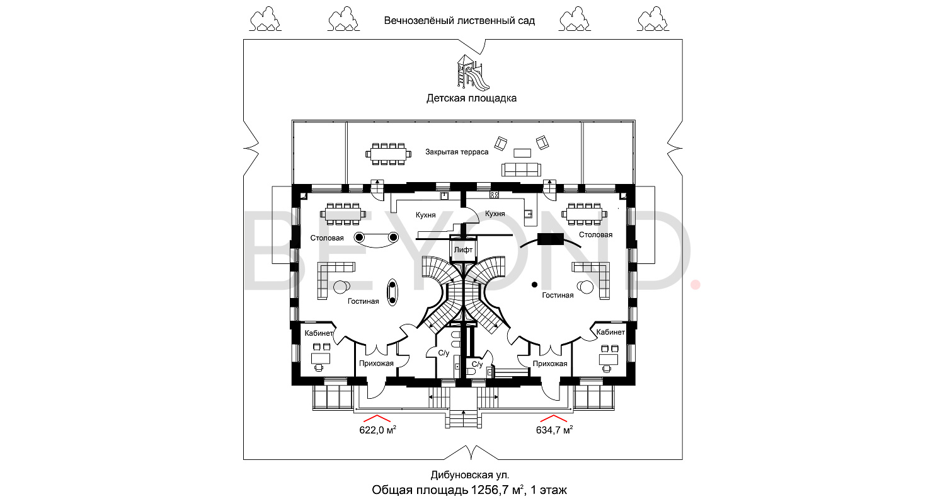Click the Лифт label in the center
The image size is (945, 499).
(463, 250)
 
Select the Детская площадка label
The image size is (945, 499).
(471, 98)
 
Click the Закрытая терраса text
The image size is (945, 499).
(457, 152)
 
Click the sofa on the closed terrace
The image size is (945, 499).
(521, 169)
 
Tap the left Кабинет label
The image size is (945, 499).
(319, 333)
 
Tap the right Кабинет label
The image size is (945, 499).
(610, 331)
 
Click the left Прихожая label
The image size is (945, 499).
(376, 364)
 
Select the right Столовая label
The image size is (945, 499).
(595, 234)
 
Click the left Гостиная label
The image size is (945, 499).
(363, 301)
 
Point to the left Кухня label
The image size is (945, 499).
(426, 215)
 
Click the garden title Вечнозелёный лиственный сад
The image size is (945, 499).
(459, 21)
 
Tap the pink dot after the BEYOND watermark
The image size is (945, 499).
(696, 285)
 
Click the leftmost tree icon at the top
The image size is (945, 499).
(265, 18)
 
